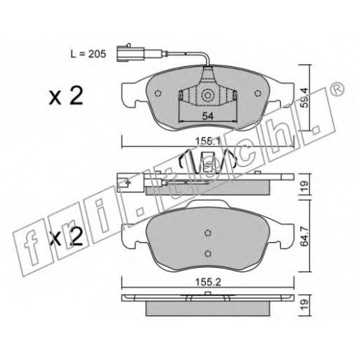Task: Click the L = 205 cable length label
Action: pos(88,54)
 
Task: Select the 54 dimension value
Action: pos(208,116)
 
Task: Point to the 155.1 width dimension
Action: pos(208,142)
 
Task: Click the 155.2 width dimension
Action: pos(208,282)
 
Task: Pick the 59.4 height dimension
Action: pos(304,98)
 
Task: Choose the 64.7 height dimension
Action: pos(305,236)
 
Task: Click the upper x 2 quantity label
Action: pos(66,96)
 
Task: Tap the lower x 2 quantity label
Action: pos(66,236)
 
